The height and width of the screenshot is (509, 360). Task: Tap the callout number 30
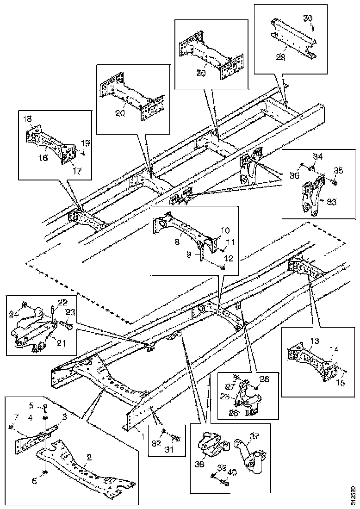click(x=308, y=18)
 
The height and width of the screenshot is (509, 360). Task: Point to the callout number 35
click(x=339, y=171)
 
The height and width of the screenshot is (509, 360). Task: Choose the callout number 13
click(x=315, y=341)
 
